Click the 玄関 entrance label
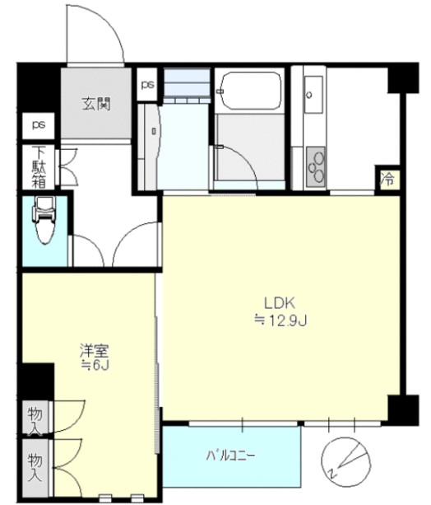point(96,104)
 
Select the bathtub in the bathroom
point(249,91)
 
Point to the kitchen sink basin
point(313,95)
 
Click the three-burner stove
point(316,167)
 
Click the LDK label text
point(280,303)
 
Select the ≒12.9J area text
point(280,321)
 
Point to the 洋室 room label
point(95,351)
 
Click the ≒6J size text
point(95,365)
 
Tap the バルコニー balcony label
point(231,456)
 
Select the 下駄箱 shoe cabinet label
point(39,167)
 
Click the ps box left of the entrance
point(39,125)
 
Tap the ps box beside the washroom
point(147,84)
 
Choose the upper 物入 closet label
point(35,418)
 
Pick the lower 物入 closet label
point(35,468)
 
